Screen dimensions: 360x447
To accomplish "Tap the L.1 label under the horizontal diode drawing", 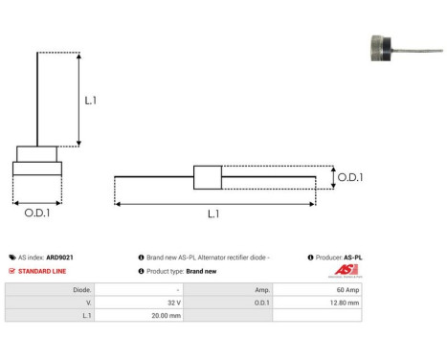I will point(212,214).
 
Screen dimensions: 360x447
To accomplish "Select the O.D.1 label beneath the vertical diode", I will point(37,213).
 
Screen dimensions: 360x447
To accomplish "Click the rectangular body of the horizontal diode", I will point(208,177).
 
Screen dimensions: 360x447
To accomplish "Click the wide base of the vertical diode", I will point(37,169).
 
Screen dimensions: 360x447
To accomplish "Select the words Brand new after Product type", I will point(202,272).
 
